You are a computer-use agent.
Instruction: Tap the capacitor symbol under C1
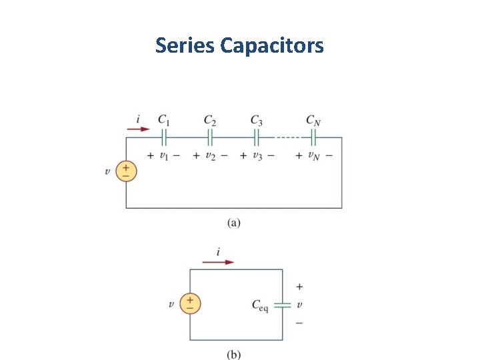click(163, 137)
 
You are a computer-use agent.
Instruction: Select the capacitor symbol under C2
click(209, 137)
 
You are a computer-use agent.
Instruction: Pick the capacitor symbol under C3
click(256, 137)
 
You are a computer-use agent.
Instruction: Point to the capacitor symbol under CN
click(313, 137)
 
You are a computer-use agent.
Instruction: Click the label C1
click(163, 120)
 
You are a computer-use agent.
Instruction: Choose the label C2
click(209, 120)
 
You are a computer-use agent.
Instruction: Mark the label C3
click(256, 120)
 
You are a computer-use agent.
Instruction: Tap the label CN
click(313, 120)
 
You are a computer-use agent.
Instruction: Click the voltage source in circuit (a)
click(126, 171)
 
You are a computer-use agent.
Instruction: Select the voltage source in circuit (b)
click(190, 304)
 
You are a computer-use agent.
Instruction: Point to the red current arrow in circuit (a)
click(139, 129)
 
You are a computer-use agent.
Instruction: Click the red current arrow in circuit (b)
click(218, 262)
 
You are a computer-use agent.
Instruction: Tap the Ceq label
click(259, 305)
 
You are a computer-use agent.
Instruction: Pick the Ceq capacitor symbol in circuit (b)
click(283, 304)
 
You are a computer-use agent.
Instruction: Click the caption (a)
click(233, 223)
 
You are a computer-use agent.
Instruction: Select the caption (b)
click(233, 355)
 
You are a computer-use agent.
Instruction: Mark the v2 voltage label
click(211, 155)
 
